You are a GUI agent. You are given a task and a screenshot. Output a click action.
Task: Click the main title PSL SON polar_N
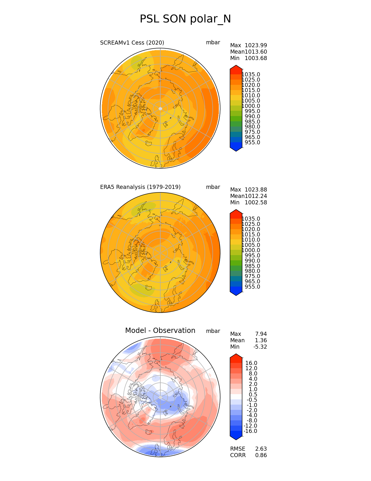point(185,19)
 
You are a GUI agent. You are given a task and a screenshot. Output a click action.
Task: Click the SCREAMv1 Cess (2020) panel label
point(132,43)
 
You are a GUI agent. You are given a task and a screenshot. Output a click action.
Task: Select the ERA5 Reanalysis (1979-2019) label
point(140,187)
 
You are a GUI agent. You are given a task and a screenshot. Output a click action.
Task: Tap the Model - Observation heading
point(160,331)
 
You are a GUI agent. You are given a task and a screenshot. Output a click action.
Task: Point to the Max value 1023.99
point(256,45)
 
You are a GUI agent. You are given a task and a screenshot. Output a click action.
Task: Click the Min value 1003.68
point(256,58)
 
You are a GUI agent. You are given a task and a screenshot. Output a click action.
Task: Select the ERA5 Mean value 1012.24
point(256,196)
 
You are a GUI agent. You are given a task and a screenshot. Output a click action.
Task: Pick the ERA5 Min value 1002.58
point(256,203)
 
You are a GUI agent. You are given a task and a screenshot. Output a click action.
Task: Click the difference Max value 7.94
point(261,334)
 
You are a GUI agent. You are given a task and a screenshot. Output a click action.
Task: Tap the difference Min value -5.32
point(260,347)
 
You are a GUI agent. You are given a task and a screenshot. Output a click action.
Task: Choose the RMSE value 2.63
point(261,449)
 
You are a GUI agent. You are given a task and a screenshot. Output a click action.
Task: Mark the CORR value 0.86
point(261,455)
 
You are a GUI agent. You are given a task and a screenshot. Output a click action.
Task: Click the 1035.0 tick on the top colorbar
point(251,75)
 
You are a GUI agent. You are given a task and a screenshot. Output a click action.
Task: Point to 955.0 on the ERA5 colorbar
point(252,287)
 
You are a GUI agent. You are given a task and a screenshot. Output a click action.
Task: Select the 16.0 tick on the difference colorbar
point(251,363)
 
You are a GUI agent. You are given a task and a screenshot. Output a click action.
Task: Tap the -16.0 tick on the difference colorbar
point(250,431)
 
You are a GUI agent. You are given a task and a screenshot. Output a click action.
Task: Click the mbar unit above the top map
point(213,43)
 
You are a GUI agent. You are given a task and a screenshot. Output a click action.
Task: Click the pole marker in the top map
point(160,109)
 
